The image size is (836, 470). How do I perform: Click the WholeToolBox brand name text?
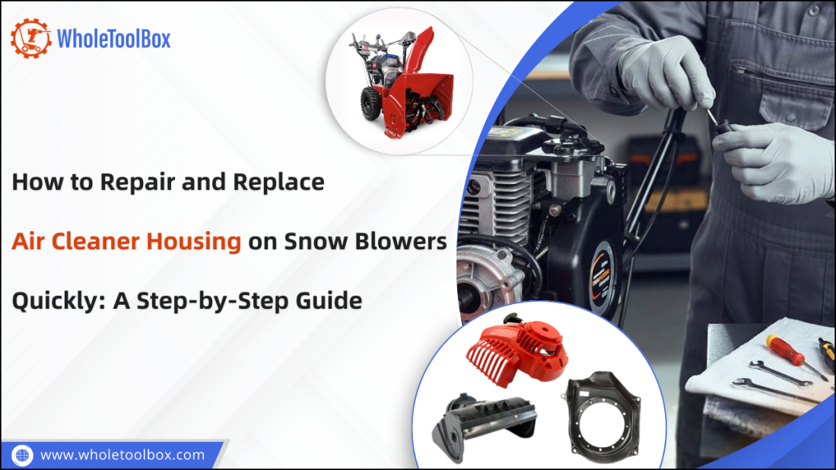[114, 38]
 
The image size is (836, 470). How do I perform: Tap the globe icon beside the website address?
[23, 455]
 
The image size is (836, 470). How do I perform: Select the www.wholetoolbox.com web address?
[122, 455]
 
